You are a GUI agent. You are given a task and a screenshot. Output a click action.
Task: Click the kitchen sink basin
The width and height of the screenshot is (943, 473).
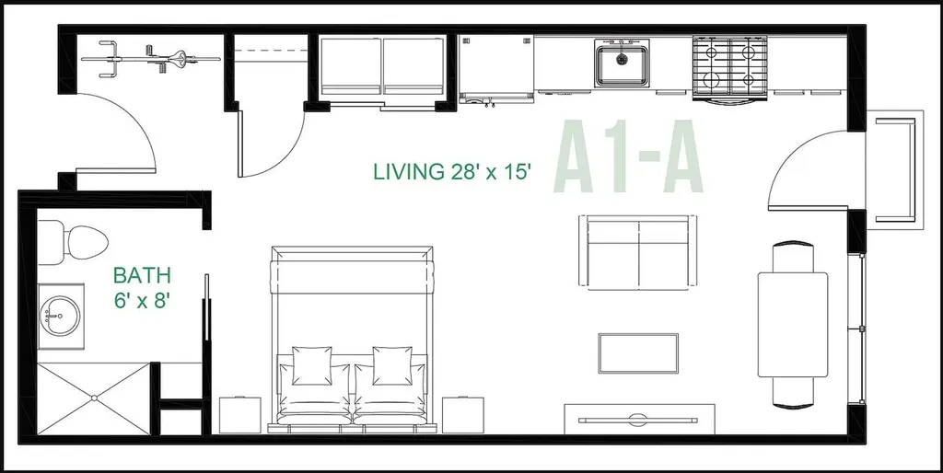(622, 63)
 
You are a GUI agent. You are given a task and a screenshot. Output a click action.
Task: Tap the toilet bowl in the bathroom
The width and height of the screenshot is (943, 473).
(87, 242)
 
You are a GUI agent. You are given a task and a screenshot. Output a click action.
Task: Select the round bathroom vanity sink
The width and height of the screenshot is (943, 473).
(58, 316)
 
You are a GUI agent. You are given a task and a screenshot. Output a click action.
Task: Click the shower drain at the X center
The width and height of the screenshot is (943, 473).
(94, 398)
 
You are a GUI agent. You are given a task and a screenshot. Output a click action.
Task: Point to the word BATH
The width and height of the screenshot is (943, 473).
(143, 276)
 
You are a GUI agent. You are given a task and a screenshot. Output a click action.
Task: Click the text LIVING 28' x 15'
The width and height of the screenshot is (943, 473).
(453, 171)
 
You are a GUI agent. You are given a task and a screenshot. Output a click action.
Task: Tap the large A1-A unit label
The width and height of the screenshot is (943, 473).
(628, 156)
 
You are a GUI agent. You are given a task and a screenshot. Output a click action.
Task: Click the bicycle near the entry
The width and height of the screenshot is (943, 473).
(150, 58)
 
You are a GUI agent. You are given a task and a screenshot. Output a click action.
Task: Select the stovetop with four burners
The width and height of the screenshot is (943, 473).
(730, 66)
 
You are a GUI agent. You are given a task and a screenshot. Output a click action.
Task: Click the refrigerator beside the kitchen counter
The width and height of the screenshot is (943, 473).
(496, 68)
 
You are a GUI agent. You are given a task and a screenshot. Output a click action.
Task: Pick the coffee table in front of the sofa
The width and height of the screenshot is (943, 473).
(638, 353)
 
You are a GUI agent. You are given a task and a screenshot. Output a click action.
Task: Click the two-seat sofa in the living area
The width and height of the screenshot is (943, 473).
(638, 253)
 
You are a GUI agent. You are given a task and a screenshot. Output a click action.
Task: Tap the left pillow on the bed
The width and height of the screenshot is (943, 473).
(311, 365)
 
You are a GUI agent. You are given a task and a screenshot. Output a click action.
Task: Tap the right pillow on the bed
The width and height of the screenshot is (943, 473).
(392, 365)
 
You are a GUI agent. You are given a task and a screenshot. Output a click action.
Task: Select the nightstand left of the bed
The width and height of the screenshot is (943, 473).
(240, 415)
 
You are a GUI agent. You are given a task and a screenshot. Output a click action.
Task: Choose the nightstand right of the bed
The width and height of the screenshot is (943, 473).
(464, 415)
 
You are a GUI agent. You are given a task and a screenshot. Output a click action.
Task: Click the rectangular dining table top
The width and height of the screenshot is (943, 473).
(793, 325)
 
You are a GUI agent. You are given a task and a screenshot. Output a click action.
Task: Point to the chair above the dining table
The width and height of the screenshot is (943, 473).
(793, 257)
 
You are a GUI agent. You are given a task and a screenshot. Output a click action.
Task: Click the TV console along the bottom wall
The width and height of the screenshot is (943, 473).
(639, 419)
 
